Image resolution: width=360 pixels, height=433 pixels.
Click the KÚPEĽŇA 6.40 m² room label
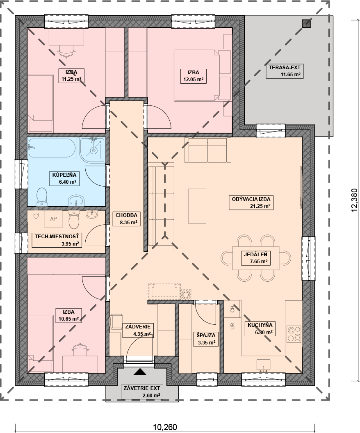click(64, 178)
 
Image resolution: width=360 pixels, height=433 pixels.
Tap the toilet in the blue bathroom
click(42, 197)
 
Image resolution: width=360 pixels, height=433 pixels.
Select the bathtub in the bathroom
click(52, 148)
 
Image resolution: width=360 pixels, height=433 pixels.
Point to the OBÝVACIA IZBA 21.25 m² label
click(251, 203)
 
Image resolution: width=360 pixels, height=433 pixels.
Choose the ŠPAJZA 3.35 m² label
click(206, 339)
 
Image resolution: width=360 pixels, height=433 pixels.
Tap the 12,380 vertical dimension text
click(354, 201)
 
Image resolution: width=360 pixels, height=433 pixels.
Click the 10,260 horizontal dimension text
click(165, 427)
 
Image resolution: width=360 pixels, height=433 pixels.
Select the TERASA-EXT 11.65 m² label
click(285, 71)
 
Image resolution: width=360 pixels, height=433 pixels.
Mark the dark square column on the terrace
click(306, 24)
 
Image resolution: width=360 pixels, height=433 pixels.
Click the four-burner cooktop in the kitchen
click(294, 334)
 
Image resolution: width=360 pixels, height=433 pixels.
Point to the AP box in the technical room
click(53, 219)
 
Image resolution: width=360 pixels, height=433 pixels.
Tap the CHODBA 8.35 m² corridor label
click(126, 219)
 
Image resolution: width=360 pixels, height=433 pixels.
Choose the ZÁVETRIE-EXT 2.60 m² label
click(141, 392)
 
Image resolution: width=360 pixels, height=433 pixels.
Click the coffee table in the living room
click(197, 206)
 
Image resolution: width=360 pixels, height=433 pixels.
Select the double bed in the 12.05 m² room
click(196, 75)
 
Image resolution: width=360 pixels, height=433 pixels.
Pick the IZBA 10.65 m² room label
click(68, 315)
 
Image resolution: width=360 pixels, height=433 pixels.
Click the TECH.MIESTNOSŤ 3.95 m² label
click(57, 240)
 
